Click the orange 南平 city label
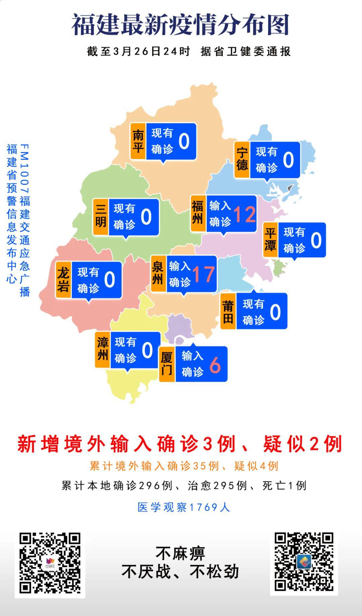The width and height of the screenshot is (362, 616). (138, 141)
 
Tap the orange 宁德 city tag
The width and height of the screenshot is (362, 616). (242, 160)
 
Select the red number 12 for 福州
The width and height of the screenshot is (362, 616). (245, 214)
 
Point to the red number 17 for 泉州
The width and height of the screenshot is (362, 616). (203, 274)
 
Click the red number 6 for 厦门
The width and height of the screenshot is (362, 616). (215, 365)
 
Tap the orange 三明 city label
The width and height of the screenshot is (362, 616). (101, 217)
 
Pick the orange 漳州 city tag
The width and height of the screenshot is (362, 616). (103, 350)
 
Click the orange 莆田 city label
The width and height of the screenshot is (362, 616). (228, 311)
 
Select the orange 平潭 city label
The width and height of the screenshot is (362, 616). (270, 240)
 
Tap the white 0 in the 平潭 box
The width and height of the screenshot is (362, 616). (316, 240)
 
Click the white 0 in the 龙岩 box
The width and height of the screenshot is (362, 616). (110, 280)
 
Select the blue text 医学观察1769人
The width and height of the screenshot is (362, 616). (184, 507)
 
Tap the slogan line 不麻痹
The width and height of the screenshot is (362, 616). (180, 553)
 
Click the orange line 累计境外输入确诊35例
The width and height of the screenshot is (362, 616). (154, 466)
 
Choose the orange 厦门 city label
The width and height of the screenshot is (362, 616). (167, 364)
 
